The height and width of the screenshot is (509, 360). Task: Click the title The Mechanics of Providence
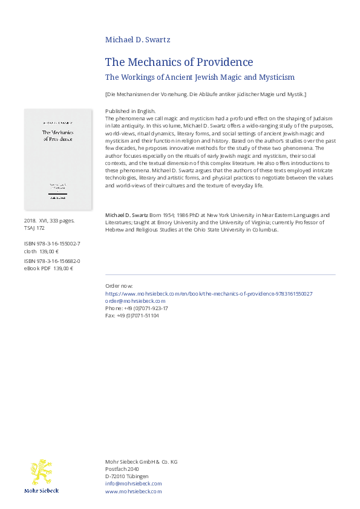(179, 62)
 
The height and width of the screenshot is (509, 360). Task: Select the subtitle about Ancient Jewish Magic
(200, 77)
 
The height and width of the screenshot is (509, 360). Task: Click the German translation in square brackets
(206, 94)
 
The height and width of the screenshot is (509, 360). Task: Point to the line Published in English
(130, 112)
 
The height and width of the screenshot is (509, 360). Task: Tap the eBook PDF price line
(48, 268)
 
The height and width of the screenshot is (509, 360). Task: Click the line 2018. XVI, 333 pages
(49, 221)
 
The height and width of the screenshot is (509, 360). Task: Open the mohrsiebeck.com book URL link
(209, 293)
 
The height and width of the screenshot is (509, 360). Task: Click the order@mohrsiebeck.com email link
(135, 300)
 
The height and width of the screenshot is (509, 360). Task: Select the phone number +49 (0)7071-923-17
(136, 308)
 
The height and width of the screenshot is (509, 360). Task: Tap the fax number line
(132, 315)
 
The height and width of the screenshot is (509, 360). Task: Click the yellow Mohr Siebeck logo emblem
(41, 472)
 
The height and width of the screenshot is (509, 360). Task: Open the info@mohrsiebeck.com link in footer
(133, 484)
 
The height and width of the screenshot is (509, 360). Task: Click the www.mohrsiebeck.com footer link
(133, 491)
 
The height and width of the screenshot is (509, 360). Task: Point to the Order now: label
(119, 286)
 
